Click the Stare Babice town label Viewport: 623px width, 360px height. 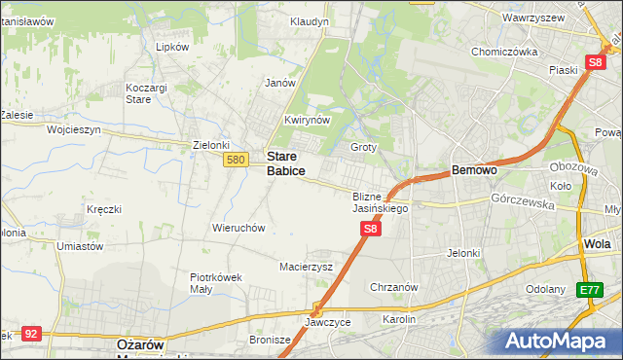(x=285, y=162)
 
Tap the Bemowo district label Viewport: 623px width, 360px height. (x=475, y=170)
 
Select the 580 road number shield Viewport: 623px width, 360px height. (x=234, y=160)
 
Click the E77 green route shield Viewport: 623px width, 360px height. (x=588, y=289)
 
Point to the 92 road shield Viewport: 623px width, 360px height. (x=32, y=333)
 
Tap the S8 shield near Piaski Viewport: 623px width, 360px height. (x=596, y=62)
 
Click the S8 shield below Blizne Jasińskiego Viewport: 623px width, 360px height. (x=370, y=229)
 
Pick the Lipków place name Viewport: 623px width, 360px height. (x=171, y=47)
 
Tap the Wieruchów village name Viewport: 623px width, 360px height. (x=238, y=228)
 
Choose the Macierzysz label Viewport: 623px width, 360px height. (x=307, y=266)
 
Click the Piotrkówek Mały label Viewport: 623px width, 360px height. (x=215, y=282)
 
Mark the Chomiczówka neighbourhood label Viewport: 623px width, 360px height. (x=503, y=53)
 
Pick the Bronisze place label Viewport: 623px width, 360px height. (x=271, y=341)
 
